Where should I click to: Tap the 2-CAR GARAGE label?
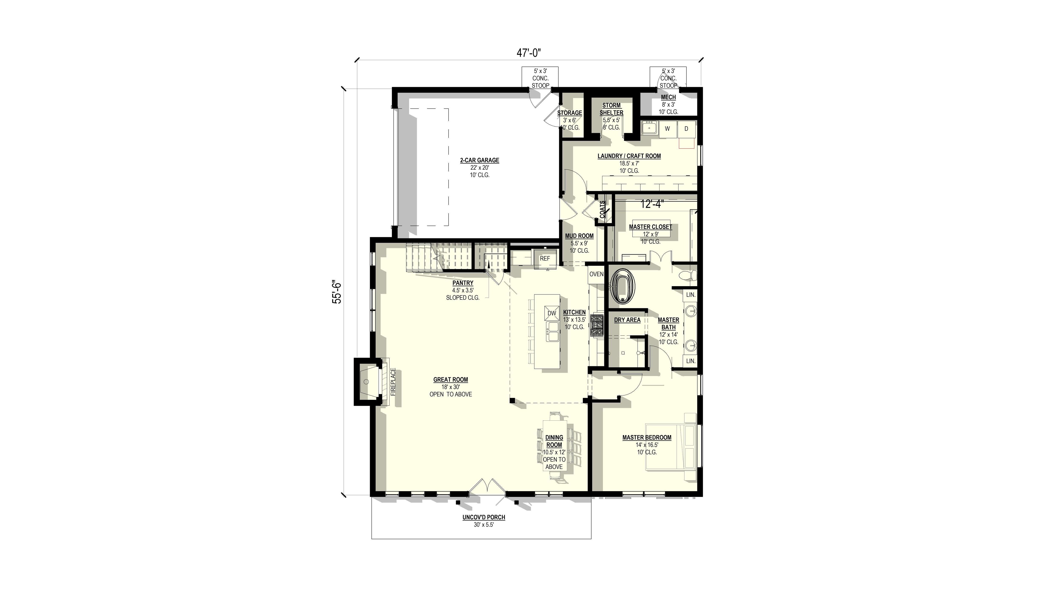(479, 160)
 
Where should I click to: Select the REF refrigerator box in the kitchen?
(545, 259)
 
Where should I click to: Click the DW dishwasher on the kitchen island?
(552, 313)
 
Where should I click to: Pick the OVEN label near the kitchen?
(596, 274)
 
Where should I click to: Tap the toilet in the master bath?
(689, 275)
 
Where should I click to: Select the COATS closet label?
(602, 210)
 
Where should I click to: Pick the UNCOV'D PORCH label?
(484, 517)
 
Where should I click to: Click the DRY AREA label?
(627, 320)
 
